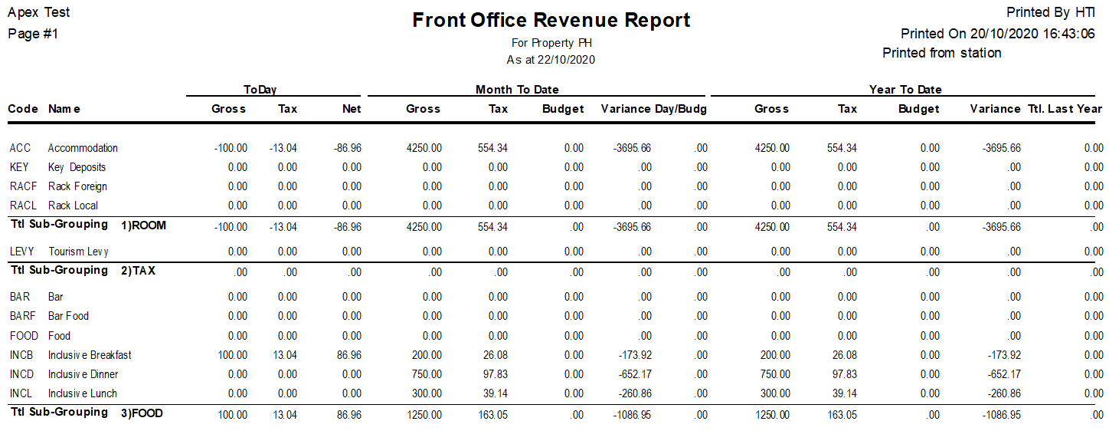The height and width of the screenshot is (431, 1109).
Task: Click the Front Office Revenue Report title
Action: pyautogui.click(x=551, y=21)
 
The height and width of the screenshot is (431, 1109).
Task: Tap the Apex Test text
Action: pyautogui.click(x=38, y=12)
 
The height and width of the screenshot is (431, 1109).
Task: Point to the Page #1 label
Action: pyautogui.click(x=33, y=34)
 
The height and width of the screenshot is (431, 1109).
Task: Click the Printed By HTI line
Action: pyautogui.click(x=1050, y=12)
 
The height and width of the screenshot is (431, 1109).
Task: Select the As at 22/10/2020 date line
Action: pyautogui.click(x=551, y=59)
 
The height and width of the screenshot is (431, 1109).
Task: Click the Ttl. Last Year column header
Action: pyautogui.click(x=1065, y=109)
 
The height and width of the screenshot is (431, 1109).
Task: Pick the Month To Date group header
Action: pyautogui.click(x=517, y=90)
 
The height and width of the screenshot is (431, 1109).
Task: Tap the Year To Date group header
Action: pyautogui.click(x=905, y=90)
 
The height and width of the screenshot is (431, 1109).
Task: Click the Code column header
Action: pyautogui.click(x=23, y=109)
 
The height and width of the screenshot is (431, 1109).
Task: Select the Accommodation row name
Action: pyautogui.click(x=83, y=148)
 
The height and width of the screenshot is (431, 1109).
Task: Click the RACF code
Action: pyautogui.click(x=24, y=186)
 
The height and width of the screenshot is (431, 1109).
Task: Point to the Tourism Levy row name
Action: pyautogui.click(x=78, y=252)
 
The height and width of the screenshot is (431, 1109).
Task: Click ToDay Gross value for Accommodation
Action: pyautogui.click(x=231, y=148)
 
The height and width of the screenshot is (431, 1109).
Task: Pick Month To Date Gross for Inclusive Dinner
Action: pyautogui.click(x=426, y=374)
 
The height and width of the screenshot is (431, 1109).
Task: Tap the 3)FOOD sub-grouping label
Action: pyautogui.click(x=142, y=413)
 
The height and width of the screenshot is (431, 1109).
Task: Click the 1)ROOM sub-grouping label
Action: pyautogui.click(x=143, y=225)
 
